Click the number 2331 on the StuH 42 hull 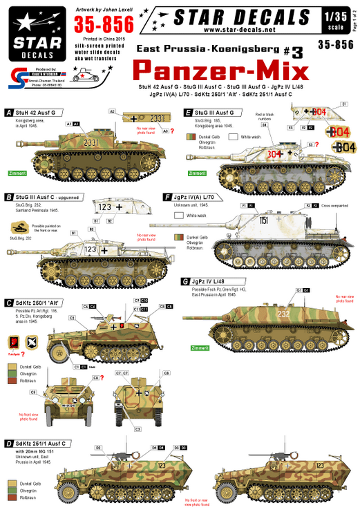(89, 142)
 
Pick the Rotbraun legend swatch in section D (9, 496)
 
